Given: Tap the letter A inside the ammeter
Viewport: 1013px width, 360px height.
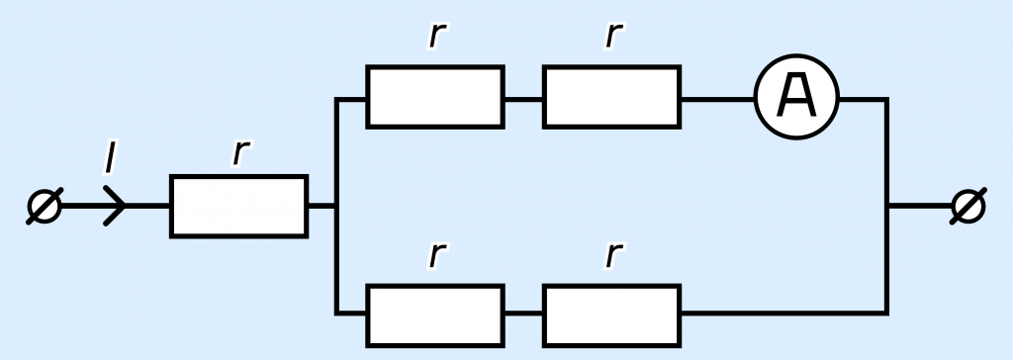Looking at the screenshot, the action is pos(796,96).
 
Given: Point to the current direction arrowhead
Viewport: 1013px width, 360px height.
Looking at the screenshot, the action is pos(116,206).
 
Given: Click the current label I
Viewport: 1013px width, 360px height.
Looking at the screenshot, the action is pos(111,157).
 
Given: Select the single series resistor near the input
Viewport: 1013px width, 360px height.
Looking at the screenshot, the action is pos(239,206).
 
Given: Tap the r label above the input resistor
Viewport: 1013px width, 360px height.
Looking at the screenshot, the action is pos(240,153).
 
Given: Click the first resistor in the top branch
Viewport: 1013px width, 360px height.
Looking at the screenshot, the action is pos(435,97).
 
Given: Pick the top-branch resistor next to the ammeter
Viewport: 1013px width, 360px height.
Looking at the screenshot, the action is pos(611,97).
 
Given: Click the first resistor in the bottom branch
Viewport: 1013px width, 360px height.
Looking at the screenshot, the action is pos(435,315).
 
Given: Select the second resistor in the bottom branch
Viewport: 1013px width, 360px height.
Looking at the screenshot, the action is pos(611,315).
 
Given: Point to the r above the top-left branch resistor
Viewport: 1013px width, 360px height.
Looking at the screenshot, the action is pos(437,36).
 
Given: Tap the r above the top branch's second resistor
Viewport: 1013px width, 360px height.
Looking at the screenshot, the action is pos(613,36).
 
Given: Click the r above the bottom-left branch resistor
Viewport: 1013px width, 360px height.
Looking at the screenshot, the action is pos(437,255).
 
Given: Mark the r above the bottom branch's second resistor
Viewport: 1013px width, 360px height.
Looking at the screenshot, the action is pos(613,255).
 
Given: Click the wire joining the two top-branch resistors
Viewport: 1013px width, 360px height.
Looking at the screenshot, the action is pos(524,99).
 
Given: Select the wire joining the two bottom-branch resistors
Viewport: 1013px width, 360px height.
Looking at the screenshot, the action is pos(524,314).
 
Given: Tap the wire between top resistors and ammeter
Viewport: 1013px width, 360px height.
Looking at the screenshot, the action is pos(718,99).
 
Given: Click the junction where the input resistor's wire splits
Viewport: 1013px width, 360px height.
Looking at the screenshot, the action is pos(336,206).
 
